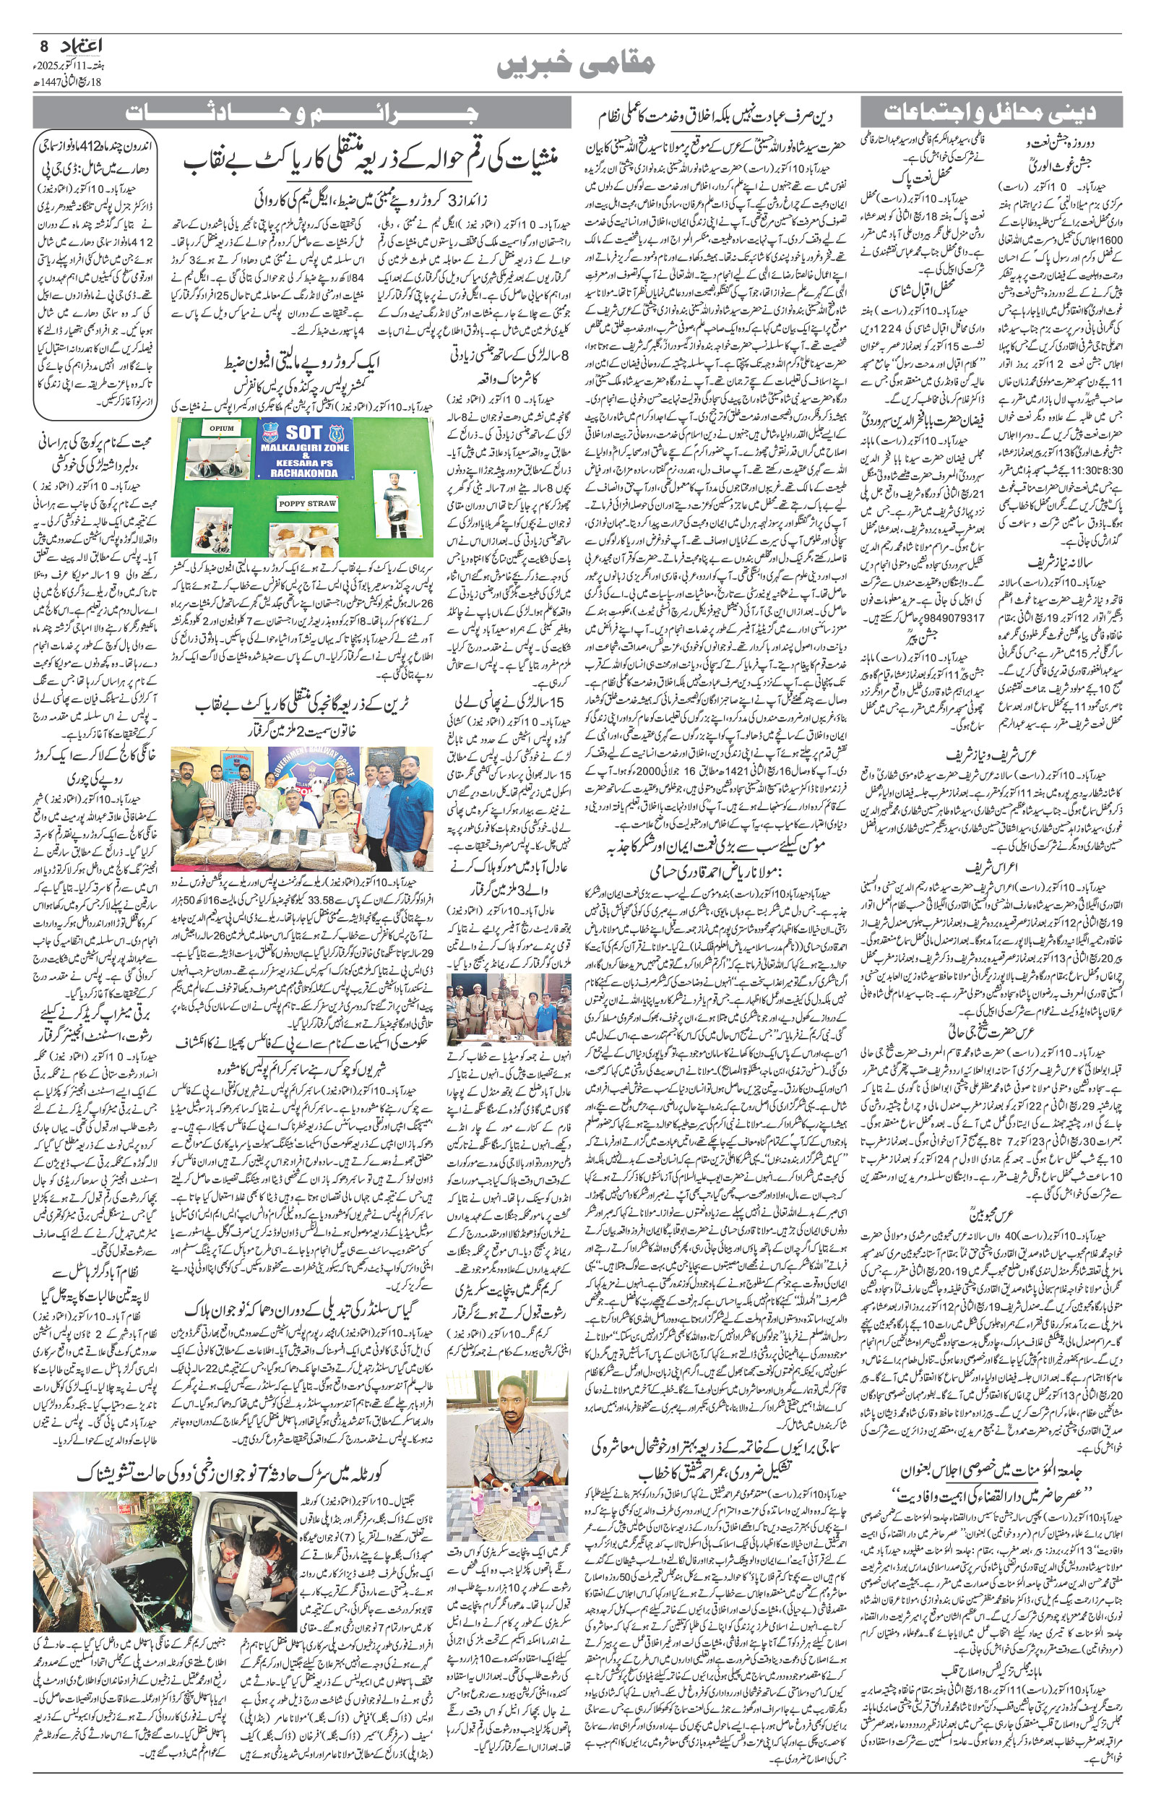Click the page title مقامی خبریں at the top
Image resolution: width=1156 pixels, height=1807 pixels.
point(577,64)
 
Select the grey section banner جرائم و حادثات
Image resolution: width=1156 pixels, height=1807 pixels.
point(302,114)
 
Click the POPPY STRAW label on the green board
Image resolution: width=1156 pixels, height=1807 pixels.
point(307,504)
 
